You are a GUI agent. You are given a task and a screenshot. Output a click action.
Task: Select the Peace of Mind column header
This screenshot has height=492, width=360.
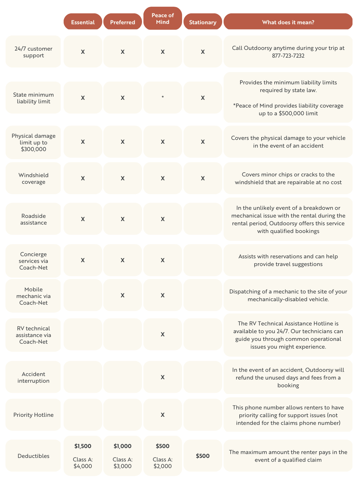163,18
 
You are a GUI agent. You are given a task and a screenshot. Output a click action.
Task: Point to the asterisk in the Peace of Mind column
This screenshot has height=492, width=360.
163,97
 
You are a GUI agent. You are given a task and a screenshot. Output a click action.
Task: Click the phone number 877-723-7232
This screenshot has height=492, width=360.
288,56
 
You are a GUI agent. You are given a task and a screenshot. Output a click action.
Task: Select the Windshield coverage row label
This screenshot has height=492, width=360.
33,179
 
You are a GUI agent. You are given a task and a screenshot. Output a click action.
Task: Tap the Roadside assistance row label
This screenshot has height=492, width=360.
33,219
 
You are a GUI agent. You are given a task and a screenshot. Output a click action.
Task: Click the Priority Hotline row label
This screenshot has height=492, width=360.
33,415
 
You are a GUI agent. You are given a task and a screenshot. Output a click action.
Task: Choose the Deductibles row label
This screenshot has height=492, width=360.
33,456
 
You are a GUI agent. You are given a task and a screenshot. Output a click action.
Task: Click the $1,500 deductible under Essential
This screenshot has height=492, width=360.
83,446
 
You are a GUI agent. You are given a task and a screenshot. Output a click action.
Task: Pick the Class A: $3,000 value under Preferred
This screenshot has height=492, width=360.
123,462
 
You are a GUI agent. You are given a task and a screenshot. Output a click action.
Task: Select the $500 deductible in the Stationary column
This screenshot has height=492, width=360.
202,456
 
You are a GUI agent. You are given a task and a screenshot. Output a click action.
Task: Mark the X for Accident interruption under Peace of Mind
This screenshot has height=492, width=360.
163,377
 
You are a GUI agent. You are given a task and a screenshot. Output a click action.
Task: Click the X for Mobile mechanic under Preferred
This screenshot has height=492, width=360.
123,295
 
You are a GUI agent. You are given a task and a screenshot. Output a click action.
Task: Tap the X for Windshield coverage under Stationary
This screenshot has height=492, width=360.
202,178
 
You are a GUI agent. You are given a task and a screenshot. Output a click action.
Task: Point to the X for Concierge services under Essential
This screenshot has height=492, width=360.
83,260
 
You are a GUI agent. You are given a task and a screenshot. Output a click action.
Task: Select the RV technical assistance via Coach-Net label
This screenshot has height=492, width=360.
33,335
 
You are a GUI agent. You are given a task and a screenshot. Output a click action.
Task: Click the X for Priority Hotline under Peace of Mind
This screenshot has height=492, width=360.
163,415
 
